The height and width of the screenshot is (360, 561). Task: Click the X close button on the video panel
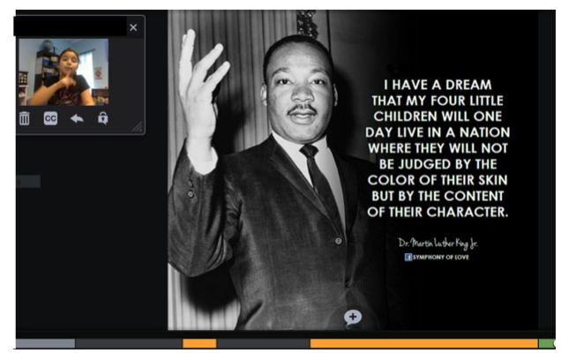tap(133, 27)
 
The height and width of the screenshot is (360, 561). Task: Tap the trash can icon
tap(25, 118)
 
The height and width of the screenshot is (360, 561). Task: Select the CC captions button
tap(50, 118)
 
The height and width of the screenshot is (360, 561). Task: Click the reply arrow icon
tap(77, 118)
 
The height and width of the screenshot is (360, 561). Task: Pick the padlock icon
tap(103, 118)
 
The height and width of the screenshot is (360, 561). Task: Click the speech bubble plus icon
tap(353, 317)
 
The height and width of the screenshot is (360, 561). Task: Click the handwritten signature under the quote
tap(438, 244)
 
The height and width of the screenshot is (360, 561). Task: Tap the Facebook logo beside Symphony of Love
tap(408, 257)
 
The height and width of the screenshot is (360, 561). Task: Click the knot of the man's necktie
tap(309, 151)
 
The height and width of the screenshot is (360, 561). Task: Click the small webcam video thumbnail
tap(64, 72)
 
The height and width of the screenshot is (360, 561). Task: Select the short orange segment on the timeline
tap(199, 343)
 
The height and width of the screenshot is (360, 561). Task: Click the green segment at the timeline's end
tap(547, 343)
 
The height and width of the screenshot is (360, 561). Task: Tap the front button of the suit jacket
tap(338, 241)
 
